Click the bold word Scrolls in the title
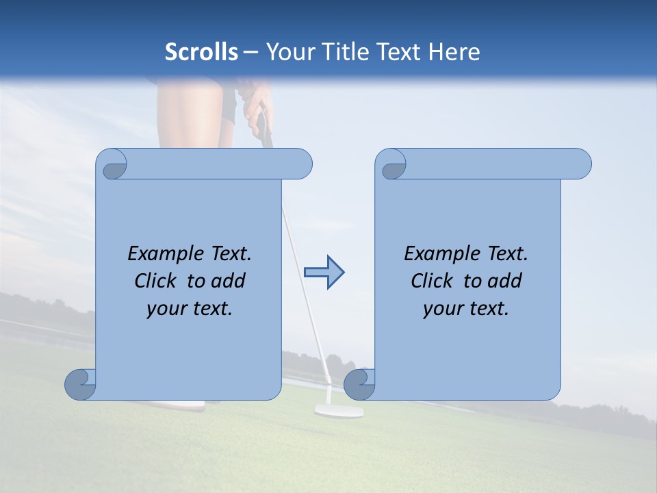pos(202,52)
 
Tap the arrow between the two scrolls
pos(324,273)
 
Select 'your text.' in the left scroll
pos(190,309)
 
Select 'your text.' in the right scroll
pos(466,309)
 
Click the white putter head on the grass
pos(339,411)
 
